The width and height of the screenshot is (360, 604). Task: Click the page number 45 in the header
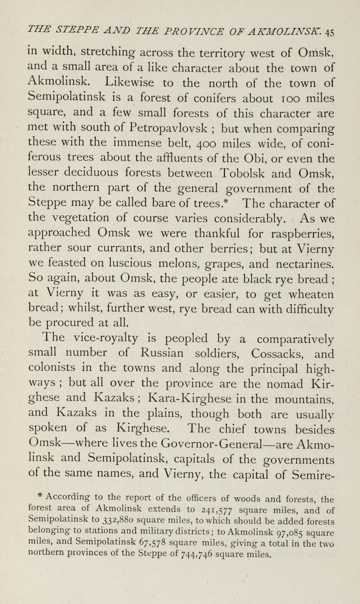click(330, 32)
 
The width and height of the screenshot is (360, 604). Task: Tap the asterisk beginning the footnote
click(39, 496)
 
